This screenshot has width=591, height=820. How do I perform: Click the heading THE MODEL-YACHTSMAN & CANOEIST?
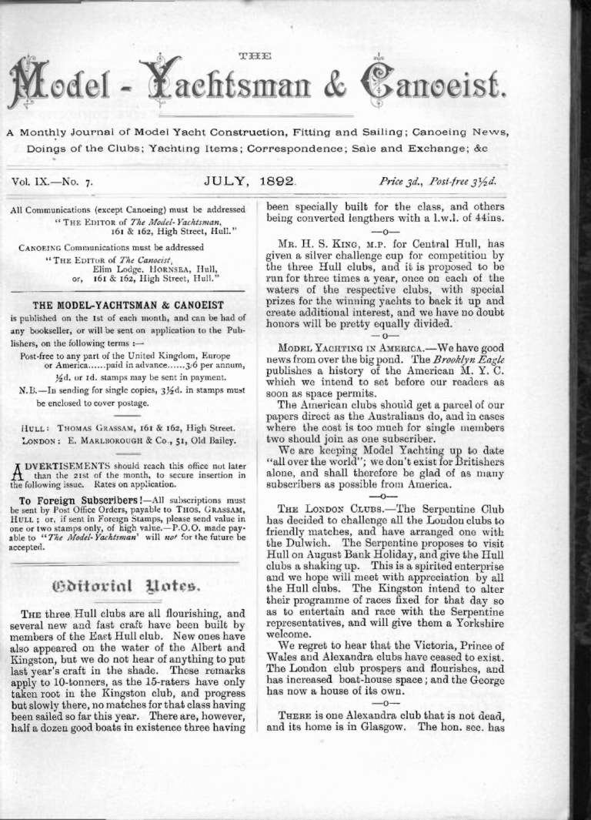coord(128,305)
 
